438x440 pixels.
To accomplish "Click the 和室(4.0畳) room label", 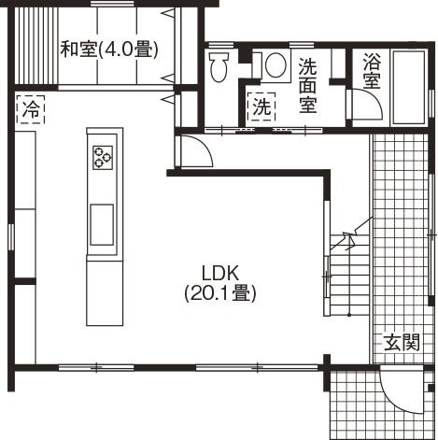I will coord(108,50).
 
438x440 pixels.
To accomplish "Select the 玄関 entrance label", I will coord(402,343).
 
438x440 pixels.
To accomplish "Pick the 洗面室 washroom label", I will coord(309,85).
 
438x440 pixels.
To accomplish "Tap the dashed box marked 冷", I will coord(30,108).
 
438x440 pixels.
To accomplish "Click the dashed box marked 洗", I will coord(261,106).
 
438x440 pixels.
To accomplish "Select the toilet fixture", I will coord(220,67).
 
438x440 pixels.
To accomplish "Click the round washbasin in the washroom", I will coord(275,65).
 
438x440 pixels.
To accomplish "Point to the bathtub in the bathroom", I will coord(406,88).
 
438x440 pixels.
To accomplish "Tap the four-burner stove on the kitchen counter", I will coord(102,158).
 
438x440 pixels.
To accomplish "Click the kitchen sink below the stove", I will coord(102,225).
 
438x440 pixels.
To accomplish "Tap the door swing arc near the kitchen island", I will coord(191,149).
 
